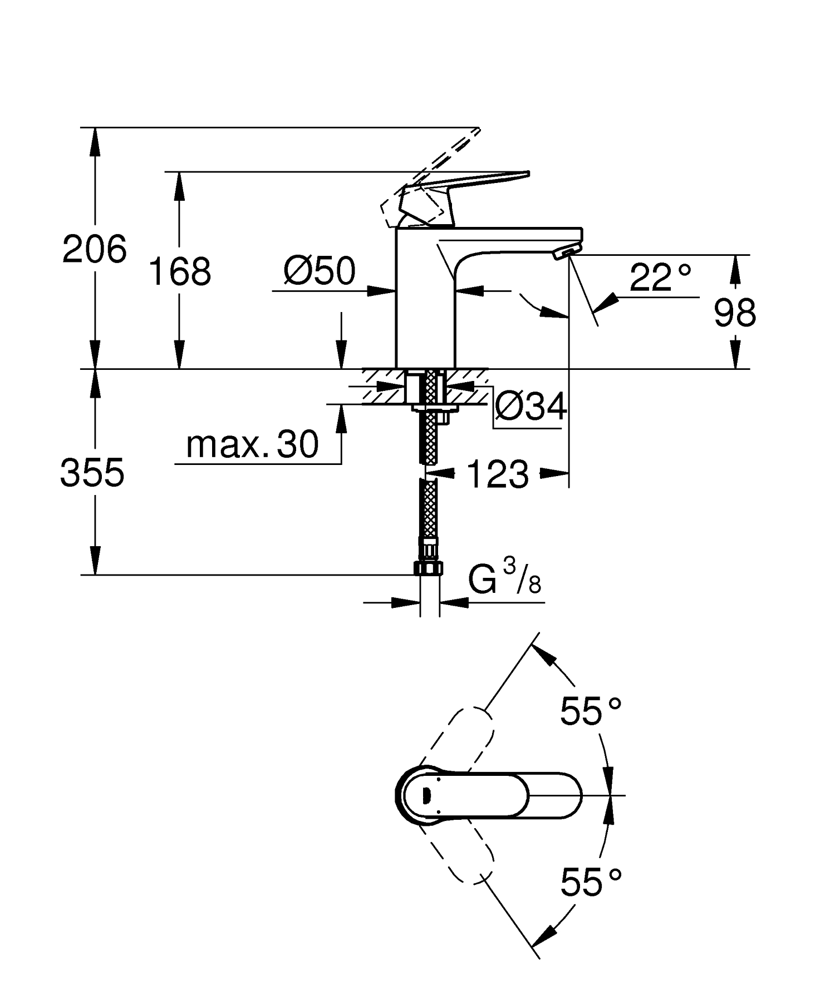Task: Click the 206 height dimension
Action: [x=95, y=249]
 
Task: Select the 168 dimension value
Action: [x=180, y=272]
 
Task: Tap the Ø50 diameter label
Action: [x=319, y=271]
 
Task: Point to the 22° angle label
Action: [x=661, y=278]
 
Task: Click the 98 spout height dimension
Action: [x=735, y=313]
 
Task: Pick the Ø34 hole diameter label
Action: [x=531, y=406]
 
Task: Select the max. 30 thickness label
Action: [x=252, y=444]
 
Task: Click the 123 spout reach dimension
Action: [x=497, y=474]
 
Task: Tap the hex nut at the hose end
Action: [x=429, y=568]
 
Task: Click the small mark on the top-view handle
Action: [x=428, y=796]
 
